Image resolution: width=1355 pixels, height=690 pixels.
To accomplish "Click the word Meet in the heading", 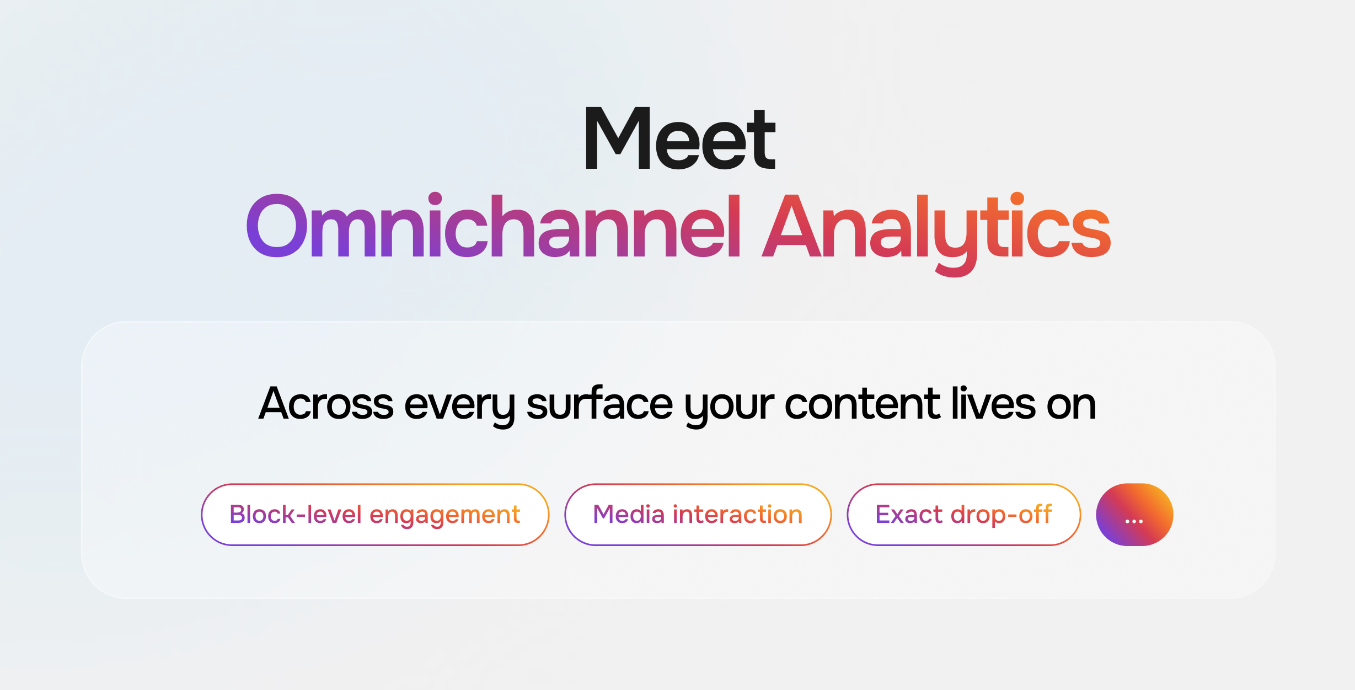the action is (679, 137).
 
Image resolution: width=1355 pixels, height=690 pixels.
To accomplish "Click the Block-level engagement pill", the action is (375, 515).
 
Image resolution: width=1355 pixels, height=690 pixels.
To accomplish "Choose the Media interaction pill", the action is (698, 515).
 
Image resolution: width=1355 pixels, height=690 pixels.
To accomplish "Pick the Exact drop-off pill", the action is (963, 515).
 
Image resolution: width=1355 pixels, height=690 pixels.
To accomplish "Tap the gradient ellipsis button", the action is (1134, 515).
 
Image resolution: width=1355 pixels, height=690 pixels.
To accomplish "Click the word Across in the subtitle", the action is (326, 404).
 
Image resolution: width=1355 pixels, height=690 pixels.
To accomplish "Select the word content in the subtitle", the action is (862, 404).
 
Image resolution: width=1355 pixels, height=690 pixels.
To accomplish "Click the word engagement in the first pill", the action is (444, 516).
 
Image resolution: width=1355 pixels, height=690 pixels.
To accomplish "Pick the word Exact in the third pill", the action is (909, 514).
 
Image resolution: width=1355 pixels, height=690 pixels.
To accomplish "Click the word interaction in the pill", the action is (737, 514).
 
